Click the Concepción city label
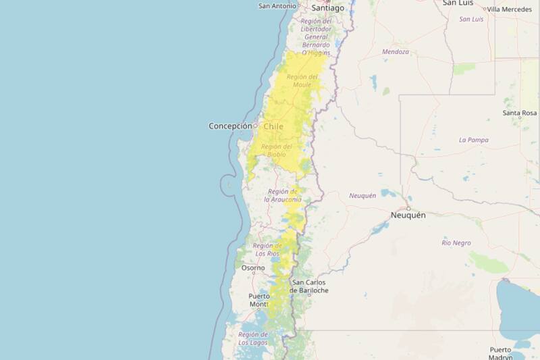230,126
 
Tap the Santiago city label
327,8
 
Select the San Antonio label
277,6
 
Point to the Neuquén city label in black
408,215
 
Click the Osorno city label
253,268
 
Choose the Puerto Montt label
259,300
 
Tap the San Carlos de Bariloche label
309,286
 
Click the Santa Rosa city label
519,113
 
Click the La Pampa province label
473,140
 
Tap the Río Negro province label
456,242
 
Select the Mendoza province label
396,52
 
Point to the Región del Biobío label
276,151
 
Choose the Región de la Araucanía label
283,195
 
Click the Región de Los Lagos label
253,338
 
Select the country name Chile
273,126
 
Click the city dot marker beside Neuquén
408,208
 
